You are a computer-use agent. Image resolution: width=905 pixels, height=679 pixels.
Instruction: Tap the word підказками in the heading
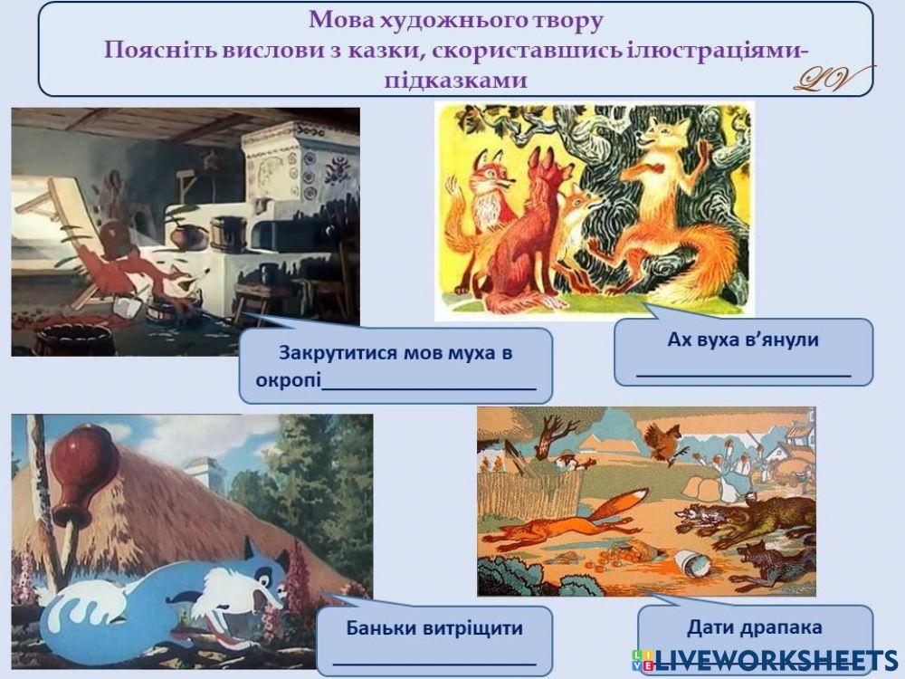click(x=455, y=79)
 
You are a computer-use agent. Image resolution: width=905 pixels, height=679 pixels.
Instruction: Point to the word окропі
click(x=289, y=380)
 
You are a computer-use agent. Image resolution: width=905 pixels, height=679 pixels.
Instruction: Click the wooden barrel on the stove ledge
click(x=226, y=233)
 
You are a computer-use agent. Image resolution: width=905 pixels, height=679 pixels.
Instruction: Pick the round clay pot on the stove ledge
click(x=187, y=237)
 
